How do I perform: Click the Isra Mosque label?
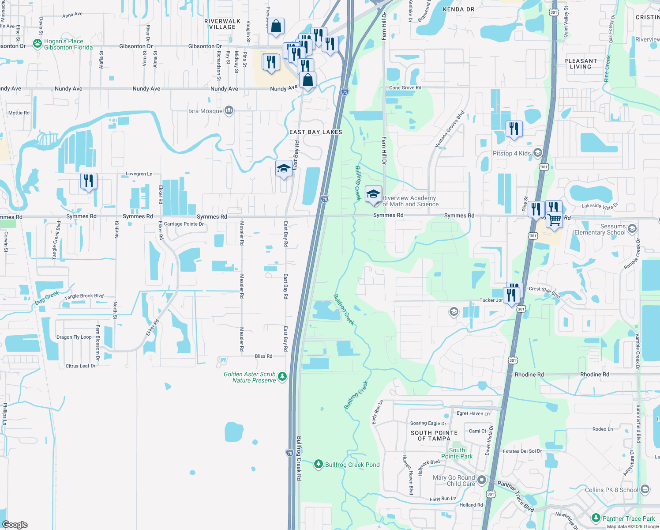[205, 111]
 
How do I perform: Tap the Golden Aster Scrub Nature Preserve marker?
[282, 377]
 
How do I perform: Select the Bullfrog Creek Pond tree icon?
[319, 464]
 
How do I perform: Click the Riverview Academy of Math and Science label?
[410, 201]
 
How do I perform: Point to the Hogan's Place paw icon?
[37, 44]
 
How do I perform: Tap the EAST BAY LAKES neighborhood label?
[315, 132]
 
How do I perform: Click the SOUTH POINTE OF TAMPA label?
[434, 435]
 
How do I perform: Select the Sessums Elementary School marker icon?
[632, 228]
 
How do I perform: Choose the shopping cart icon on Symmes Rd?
[555, 220]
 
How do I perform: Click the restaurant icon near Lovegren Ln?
[89, 181]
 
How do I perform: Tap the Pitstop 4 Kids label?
[512, 153]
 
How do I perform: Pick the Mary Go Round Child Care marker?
[482, 480]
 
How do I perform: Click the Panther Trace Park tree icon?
[596, 518]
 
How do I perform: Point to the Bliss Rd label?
[263, 356]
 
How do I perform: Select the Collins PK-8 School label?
[611, 490]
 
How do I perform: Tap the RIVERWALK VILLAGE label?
[222, 24]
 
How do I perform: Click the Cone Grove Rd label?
[405, 88]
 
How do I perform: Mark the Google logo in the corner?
[15, 525]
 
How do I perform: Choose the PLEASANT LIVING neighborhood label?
[580, 64]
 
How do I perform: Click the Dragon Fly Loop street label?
[74, 337]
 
